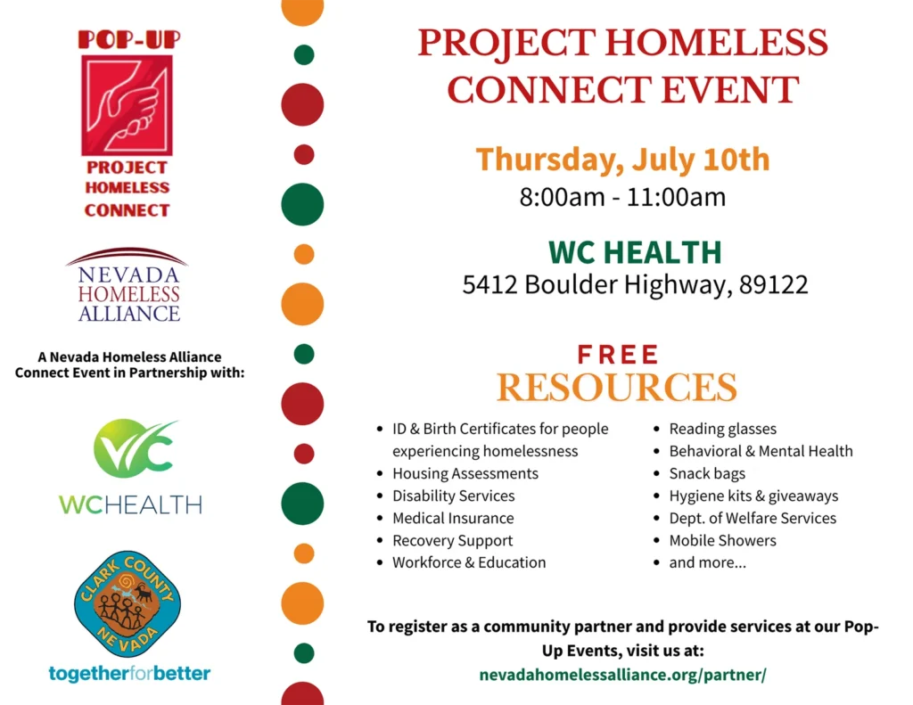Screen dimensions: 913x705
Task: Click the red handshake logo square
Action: coord(127,105)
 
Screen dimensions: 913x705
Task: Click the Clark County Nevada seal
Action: coord(127,603)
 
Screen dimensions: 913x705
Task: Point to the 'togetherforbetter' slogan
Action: coord(129,674)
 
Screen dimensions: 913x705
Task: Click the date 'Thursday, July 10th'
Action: coord(622,160)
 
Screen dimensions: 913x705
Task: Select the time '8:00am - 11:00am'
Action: coord(622,197)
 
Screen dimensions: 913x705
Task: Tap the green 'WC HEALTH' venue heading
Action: coord(635,252)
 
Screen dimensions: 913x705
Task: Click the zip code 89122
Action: coord(773,284)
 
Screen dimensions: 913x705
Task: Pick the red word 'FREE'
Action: coord(618,355)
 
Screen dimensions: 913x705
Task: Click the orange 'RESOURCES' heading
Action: coord(617,387)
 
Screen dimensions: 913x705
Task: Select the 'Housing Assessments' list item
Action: coord(465,474)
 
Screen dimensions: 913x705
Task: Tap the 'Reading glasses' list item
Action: coord(722,429)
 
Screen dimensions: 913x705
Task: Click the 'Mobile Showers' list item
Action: coord(722,540)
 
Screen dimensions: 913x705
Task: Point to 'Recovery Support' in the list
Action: coord(452,541)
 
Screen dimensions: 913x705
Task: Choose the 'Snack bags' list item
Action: coord(707,474)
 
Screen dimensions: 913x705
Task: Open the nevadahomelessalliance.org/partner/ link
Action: coord(622,675)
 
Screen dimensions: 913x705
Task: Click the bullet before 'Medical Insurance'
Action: coord(380,519)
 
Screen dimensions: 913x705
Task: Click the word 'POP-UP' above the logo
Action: coord(129,39)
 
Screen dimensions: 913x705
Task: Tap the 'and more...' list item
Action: coord(707,563)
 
